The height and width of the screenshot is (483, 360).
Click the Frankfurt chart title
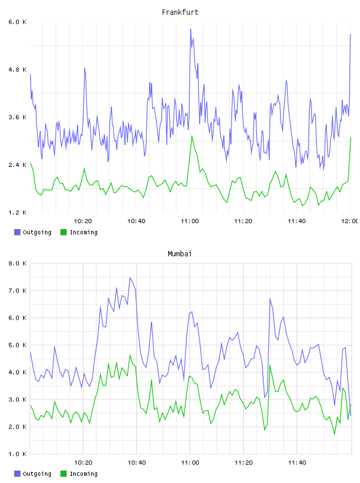[180, 12]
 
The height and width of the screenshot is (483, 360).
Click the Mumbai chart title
[179, 253]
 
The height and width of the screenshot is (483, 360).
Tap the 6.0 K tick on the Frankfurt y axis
[18, 22]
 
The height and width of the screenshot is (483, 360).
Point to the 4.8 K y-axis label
[18, 70]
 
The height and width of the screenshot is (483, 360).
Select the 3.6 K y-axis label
[18, 117]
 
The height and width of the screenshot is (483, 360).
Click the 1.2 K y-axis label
[18, 212]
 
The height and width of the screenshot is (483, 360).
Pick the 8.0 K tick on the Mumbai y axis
[18, 263]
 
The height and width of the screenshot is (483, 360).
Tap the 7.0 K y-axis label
[18, 291]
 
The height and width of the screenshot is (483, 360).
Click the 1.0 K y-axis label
[18, 454]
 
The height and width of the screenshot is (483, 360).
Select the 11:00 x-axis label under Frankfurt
[190, 221]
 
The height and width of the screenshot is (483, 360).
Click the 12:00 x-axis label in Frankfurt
[350, 221]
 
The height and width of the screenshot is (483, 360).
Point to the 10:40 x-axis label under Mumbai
[137, 462]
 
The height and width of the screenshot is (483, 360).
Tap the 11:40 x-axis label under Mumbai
[297, 462]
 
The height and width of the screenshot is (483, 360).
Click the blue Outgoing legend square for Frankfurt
[17, 232]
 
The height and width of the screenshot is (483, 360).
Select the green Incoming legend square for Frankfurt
[63, 232]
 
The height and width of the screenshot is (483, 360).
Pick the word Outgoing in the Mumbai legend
[37, 474]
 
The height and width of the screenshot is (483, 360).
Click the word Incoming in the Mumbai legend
[83, 474]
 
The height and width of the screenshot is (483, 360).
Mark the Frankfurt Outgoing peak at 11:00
[191, 29]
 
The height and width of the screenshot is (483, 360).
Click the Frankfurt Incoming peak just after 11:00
[192, 136]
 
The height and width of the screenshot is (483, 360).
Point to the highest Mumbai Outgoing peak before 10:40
[130, 278]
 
